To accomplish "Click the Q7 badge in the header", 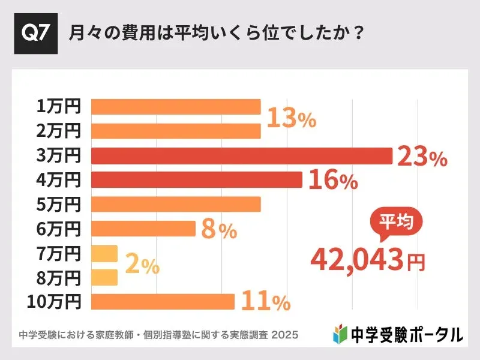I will pyautogui.click(x=35, y=33).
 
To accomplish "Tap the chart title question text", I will pyautogui.click(x=216, y=33).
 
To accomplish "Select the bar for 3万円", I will pyautogui.click(x=241, y=155).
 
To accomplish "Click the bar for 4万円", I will pyautogui.click(x=196, y=179).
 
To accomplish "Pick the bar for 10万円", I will pyautogui.click(x=163, y=302).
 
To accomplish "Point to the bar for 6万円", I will pyautogui.click(x=143, y=229).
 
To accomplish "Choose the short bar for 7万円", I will pyautogui.click(x=104, y=253).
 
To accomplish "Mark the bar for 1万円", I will pyautogui.click(x=176, y=107).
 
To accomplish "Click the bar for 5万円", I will pyautogui.click(x=176, y=204).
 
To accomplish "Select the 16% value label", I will pyautogui.click(x=333, y=180).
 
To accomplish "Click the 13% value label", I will pyautogui.click(x=291, y=119).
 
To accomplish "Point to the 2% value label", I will pyautogui.click(x=142, y=265).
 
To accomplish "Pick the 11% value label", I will pyautogui.click(x=265, y=302).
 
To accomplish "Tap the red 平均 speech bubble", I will pyautogui.click(x=395, y=221).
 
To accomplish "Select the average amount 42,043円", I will pyautogui.click(x=367, y=259).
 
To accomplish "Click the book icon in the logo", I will pyautogui.click(x=340, y=334).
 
